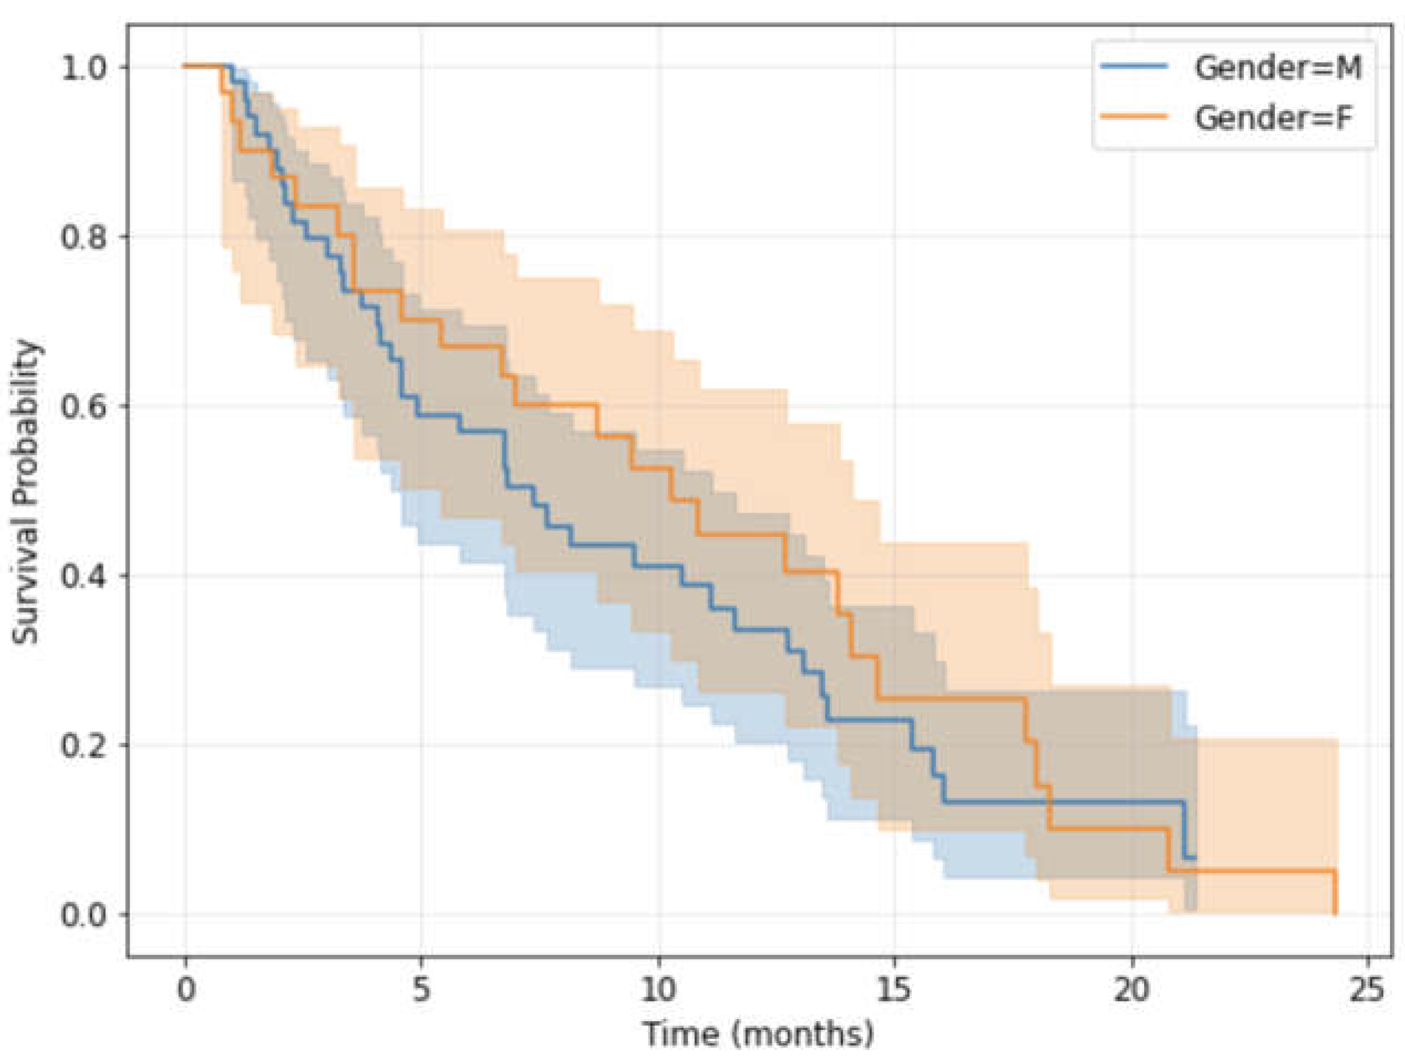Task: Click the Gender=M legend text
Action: (1277, 68)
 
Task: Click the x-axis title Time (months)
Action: (758, 1034)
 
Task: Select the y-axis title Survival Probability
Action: (27, 492)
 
